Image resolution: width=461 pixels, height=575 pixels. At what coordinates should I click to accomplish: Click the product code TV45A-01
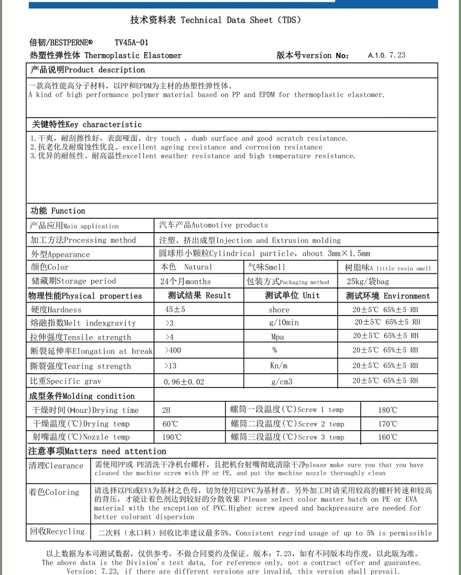pos(131,43)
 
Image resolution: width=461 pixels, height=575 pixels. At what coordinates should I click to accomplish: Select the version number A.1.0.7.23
pos(387,55)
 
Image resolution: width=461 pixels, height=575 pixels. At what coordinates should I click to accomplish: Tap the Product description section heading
pos(88,70)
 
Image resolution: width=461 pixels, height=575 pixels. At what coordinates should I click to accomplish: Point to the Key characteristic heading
pos(87,125)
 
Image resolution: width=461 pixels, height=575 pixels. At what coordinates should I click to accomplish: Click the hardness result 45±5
pos(175,310)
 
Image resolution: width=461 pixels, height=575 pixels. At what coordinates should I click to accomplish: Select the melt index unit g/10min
pos(284,322)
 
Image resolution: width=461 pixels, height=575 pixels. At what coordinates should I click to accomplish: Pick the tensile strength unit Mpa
pos(278,337)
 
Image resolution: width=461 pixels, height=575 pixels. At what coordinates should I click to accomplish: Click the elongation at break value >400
pos(173,350)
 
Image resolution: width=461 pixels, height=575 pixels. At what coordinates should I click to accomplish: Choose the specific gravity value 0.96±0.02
pos(184,382)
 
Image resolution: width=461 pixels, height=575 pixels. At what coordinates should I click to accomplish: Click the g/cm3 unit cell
pos(282,382)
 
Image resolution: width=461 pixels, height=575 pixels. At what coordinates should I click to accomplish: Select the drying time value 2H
pos(166,410)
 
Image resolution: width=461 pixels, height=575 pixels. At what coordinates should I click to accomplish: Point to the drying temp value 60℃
pos(170,424)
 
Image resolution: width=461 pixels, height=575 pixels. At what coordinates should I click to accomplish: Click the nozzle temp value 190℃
pos(172,437)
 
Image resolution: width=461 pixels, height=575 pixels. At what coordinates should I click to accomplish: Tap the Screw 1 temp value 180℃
pos(387,410)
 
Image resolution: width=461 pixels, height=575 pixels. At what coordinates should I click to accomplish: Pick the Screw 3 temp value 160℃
pos(387,437)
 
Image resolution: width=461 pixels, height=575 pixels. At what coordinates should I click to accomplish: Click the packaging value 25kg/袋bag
pos(368,281)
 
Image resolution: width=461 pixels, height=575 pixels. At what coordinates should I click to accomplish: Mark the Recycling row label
pos(57,531)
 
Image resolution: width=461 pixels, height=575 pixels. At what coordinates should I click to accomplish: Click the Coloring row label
pos(54,492)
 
